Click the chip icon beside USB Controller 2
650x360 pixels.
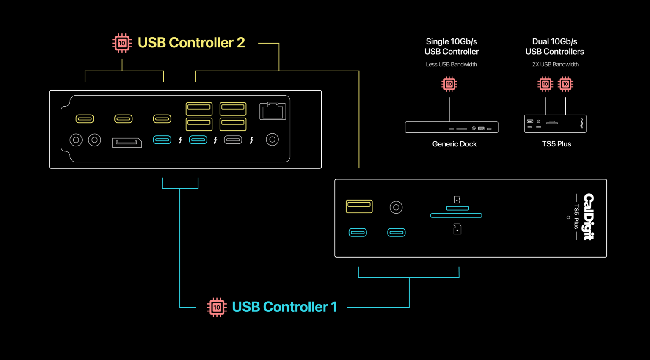[x=122, y=43]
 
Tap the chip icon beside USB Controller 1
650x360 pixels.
[x=217, y=307]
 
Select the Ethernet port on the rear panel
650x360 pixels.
[x=273, y=111]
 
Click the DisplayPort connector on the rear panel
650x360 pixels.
[x=127, y=143]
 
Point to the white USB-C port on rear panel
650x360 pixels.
[x=233, y=140]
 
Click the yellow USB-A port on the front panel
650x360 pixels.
[x=359, y=206]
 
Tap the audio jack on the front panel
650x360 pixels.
[x=396, y=207]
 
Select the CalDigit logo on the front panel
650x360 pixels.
[x=589, y=217]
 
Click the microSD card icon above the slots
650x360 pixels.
[x=457, y=200]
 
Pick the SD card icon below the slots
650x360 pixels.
[x=457, y=229]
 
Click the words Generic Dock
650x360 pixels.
[x=454, y=144]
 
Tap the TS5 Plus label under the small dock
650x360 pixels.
[x=556, y=144]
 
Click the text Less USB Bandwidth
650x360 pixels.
[x=451, y=64]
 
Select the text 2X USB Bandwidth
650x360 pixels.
[x=555, y=64]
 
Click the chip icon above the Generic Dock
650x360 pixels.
[x=449, y=84]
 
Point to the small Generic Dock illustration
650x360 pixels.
[x=451, y=127]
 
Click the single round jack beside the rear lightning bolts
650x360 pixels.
[x=272, y=139]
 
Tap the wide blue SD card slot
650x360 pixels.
[x=456, y=216]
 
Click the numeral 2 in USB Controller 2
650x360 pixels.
[x=241, y=43]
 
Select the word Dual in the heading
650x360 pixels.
[x=540, y=41]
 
